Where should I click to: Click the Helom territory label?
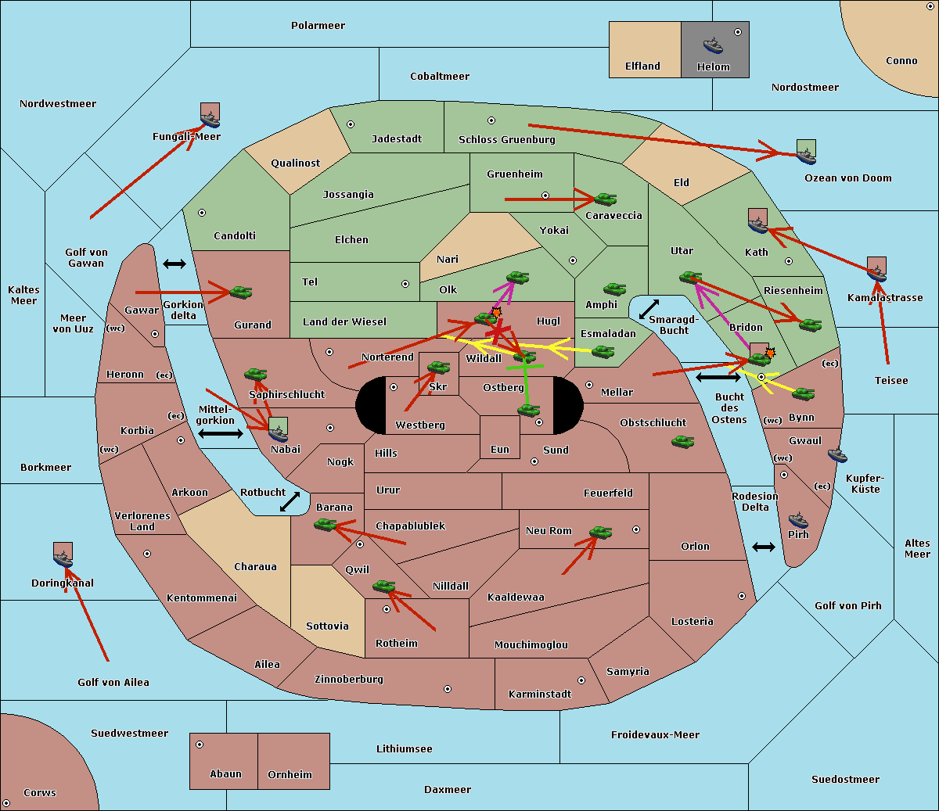tap(714, 67)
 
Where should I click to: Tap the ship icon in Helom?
tap(713, 45)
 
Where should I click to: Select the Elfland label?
tap(642, 66)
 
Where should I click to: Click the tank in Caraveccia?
tap(605, 199)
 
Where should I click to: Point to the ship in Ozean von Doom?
tap(806, 154)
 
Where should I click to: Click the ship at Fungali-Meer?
tap(210, 118)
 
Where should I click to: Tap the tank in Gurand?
tap(240, 292)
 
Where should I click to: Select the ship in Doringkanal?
tap(63, 557)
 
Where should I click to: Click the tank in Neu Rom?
tap(600, 533)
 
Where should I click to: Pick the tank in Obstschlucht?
tap(682, 442)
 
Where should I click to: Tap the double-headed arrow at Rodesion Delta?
tap(764, 547)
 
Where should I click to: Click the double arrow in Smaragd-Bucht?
tap(649, 310)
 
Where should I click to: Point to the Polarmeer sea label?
tap(318, 26)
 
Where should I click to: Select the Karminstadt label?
tap(540, 694)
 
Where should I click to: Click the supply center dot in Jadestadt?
tap(351, 124)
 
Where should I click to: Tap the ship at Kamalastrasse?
tap(877, 271)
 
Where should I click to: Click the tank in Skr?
tap(438, 367)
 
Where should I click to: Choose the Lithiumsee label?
tap(405, 749)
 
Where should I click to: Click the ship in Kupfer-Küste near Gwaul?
tap(837, 454)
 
